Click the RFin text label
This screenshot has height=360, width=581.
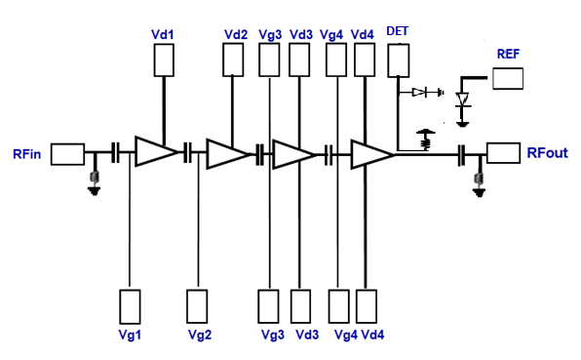pos(26,154)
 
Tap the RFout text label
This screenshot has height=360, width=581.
pos(547,153)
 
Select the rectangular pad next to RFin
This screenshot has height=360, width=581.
pos(67,153)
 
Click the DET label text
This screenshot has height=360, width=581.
pos(397,31)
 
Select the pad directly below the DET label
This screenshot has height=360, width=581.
pos(397,61)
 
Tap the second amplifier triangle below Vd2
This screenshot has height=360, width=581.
pos(226,153)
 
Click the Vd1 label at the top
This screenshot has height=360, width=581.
pos(163,33)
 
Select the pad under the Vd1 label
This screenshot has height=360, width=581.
pos(164,61)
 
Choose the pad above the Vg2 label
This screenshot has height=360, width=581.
pos(197,304)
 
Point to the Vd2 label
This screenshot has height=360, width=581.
pos(235,33)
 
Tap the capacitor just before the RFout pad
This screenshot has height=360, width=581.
pos(464,153)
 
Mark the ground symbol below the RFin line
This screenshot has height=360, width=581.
pos(95,182)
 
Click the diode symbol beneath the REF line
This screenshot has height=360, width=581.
pos(463,100)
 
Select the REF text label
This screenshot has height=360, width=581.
pos(508,54)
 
